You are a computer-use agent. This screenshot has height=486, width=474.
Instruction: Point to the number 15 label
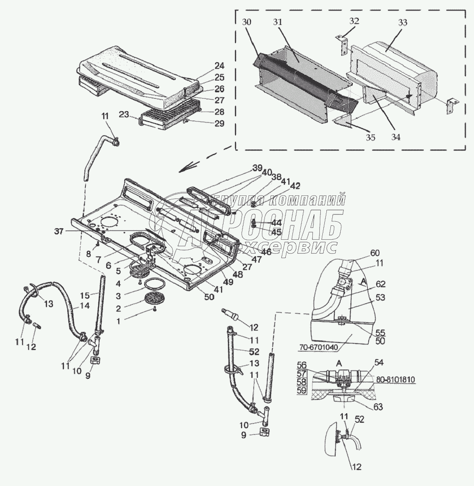tap(85, 296)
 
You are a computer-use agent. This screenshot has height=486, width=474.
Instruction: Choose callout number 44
tap(276, 222)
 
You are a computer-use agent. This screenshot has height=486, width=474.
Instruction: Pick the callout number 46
tap(266, 252)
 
